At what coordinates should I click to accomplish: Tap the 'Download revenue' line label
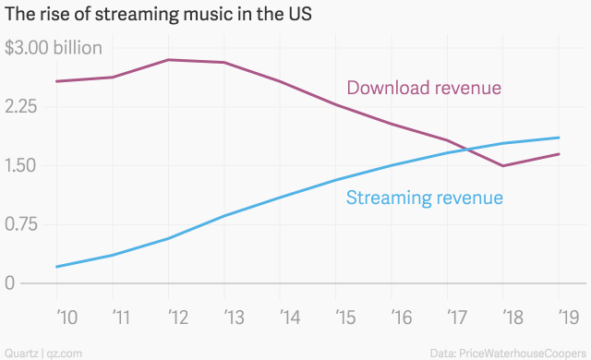coord(424,89)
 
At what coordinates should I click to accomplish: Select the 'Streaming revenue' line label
coord(424,198)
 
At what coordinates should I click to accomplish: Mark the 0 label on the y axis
coord(10,283)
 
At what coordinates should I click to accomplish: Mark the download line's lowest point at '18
coord(503,166)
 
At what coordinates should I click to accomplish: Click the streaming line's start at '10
coord(57,267)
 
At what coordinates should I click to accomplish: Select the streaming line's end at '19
coord(560,138)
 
